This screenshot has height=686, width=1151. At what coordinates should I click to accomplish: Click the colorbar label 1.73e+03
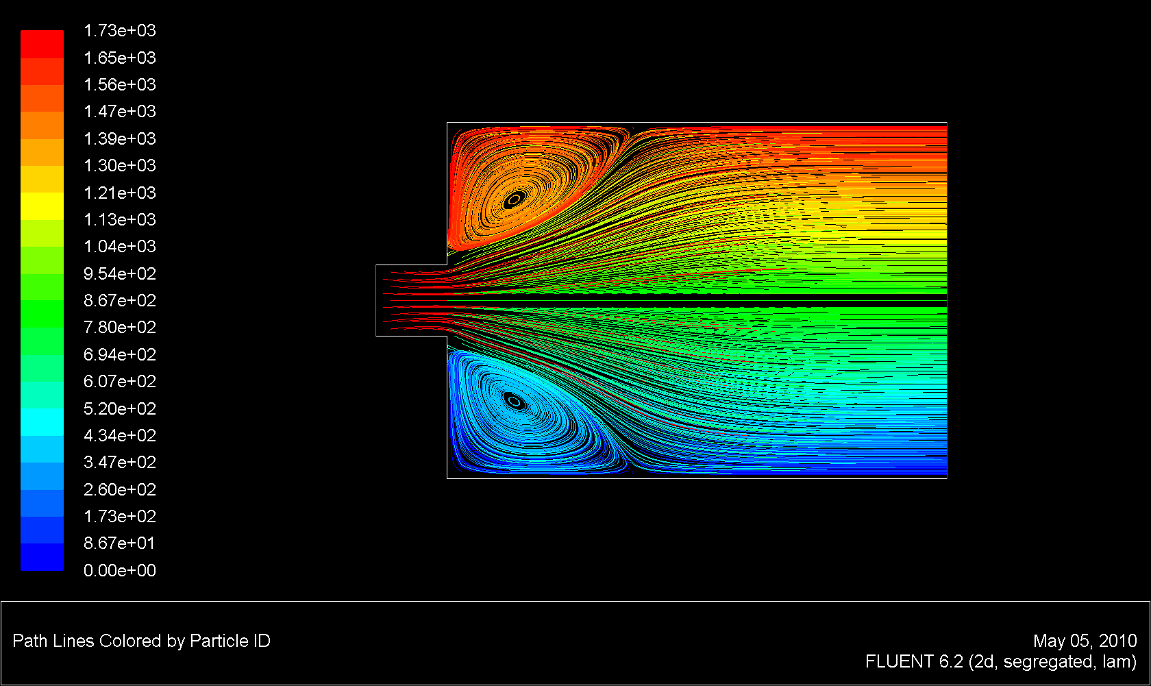[x=120, y=31]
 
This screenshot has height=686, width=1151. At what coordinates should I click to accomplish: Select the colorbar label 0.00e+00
[x=120, y=570]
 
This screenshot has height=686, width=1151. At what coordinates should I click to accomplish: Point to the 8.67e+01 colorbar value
[x=120, y=543]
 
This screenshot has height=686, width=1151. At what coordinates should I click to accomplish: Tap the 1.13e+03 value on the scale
[x=120, y=219]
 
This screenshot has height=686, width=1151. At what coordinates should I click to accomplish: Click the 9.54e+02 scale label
[x=120, y=273]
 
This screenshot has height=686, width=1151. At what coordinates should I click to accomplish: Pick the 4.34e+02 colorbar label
[x=120, y=435]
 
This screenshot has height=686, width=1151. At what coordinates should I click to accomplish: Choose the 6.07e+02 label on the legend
[x=120, y=382]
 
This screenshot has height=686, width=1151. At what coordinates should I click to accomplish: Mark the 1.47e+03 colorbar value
[x=120, y=112]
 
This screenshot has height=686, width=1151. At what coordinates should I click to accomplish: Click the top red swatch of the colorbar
[x=42, y=44]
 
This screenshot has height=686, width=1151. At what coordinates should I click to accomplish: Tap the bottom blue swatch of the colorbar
[x=42, y=557]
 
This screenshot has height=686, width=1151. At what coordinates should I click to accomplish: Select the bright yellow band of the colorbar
[x=42, y=206]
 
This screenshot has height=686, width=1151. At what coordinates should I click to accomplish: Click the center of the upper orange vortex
[x=513, y=200]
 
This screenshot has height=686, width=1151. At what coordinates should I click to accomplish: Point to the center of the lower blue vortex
[x=513, y=401]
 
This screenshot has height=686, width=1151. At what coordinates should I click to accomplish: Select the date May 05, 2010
[x=1085, y=641]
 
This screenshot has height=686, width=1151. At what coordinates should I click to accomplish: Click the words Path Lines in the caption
[x=53, y=641]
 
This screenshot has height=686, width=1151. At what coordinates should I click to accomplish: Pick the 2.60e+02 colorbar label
[x=120, y=489]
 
